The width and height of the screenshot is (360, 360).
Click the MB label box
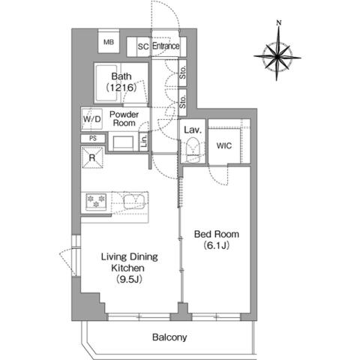[x=109, y=43]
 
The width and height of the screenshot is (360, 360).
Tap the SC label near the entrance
[x=142, y=46]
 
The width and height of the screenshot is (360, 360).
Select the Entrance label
[x=166, y=46]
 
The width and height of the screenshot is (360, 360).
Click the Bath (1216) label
[x=121, y=82]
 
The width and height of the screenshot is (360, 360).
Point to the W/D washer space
[x=91, y=119]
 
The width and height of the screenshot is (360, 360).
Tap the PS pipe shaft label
[x=92, y=139]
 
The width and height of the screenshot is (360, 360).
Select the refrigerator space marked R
[x=92, y=157]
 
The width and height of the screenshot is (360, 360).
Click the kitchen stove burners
[x=96, y=200]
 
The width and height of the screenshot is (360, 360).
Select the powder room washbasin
[x=122, y=142]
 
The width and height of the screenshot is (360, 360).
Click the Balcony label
[x=169, y=337]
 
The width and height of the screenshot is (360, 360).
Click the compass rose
[x=278, y=56]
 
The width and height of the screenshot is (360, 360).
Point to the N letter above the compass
[x=278, y=23]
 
